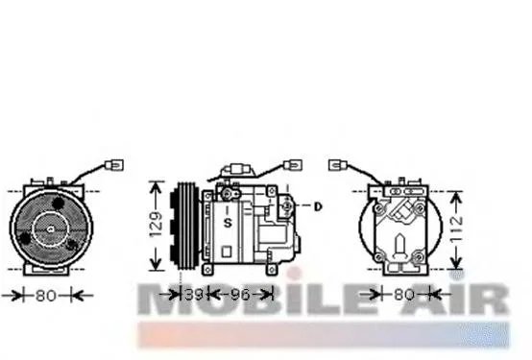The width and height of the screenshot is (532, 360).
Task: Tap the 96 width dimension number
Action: click(240, 295)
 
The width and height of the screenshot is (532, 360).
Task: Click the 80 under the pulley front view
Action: click(45, 296)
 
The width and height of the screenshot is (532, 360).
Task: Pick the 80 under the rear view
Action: click(405, 295)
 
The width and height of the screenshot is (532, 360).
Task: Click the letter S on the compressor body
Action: click(228, 223)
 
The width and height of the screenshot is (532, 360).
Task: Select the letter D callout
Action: click(319, 205)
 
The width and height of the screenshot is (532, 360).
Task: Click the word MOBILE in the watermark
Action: click(250, 300)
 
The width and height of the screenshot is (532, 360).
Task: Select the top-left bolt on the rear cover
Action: click(380, 206)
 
